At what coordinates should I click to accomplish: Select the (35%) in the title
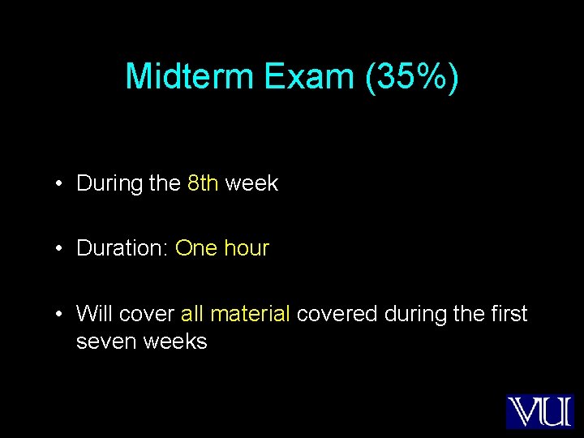tap(412, 76)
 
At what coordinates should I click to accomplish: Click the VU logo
tap(539, 411)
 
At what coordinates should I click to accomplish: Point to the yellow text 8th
tap(203, 183)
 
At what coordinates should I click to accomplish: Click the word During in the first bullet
tap(109, 183)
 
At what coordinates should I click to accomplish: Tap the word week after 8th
tap(251, 183)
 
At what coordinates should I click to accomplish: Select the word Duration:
tap(122, 248)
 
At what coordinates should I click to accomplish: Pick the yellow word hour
tap(246, 248)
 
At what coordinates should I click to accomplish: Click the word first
tap(509, 313)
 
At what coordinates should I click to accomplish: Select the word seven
tap(106, 341)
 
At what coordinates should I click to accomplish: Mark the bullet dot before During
tap(60, 184)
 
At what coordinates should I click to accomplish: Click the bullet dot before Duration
tap(60, 249)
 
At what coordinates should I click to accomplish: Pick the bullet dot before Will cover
tap(60, 314)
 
